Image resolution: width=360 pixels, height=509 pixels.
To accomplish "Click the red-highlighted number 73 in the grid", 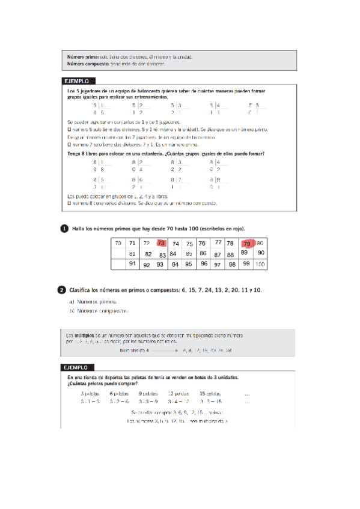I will [160, 243].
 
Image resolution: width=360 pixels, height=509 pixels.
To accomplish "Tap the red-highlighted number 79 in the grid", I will [246, 244].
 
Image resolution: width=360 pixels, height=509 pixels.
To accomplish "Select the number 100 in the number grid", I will [260, 264].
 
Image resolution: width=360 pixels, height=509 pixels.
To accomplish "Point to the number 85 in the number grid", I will [189, 253].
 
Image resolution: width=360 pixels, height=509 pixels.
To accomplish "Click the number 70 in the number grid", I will [118, 243].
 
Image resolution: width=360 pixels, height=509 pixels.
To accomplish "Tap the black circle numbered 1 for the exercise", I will [64, 228].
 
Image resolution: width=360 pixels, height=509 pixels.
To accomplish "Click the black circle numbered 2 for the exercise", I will [62, 290].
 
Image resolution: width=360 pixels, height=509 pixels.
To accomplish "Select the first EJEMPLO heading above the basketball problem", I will [77, 80].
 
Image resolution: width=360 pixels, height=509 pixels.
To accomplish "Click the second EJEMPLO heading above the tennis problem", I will [77, 367].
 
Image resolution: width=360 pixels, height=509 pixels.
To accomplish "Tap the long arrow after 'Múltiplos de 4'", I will [160, 349].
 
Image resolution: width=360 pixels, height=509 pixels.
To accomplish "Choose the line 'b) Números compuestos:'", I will [99, 311].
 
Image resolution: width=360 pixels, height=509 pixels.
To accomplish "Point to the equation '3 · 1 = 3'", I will [90, 401].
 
